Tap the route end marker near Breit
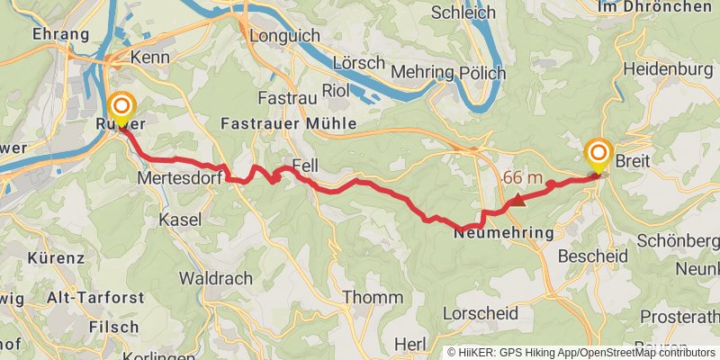coord(598,156)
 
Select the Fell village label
coord(304,166)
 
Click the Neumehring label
coord(503,232)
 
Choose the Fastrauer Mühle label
coord(289,122)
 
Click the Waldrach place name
coord(216,279)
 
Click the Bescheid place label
coord(593,256)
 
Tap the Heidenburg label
coord(668,69)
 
